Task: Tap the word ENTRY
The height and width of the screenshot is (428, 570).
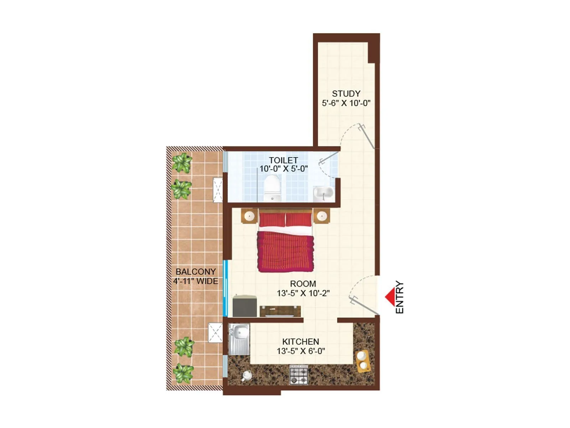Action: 400,297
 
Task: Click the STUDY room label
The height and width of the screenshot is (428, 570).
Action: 346,94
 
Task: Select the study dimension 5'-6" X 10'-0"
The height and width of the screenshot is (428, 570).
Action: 346,103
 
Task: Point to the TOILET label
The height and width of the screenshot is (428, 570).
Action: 283,160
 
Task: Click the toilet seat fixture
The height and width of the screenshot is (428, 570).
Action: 273,187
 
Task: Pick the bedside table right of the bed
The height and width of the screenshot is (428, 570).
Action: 322,216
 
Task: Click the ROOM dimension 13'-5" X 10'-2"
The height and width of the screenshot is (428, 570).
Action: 303,293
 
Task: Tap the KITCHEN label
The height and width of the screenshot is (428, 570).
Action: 301,342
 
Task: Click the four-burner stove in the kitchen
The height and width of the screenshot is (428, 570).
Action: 299,374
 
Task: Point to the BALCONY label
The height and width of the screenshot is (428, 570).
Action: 196,272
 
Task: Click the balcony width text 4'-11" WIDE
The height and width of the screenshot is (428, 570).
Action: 196,281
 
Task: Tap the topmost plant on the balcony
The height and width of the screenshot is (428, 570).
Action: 182,163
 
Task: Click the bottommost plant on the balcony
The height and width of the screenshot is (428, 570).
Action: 183,373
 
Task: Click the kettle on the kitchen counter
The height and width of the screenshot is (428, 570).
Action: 247,375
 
